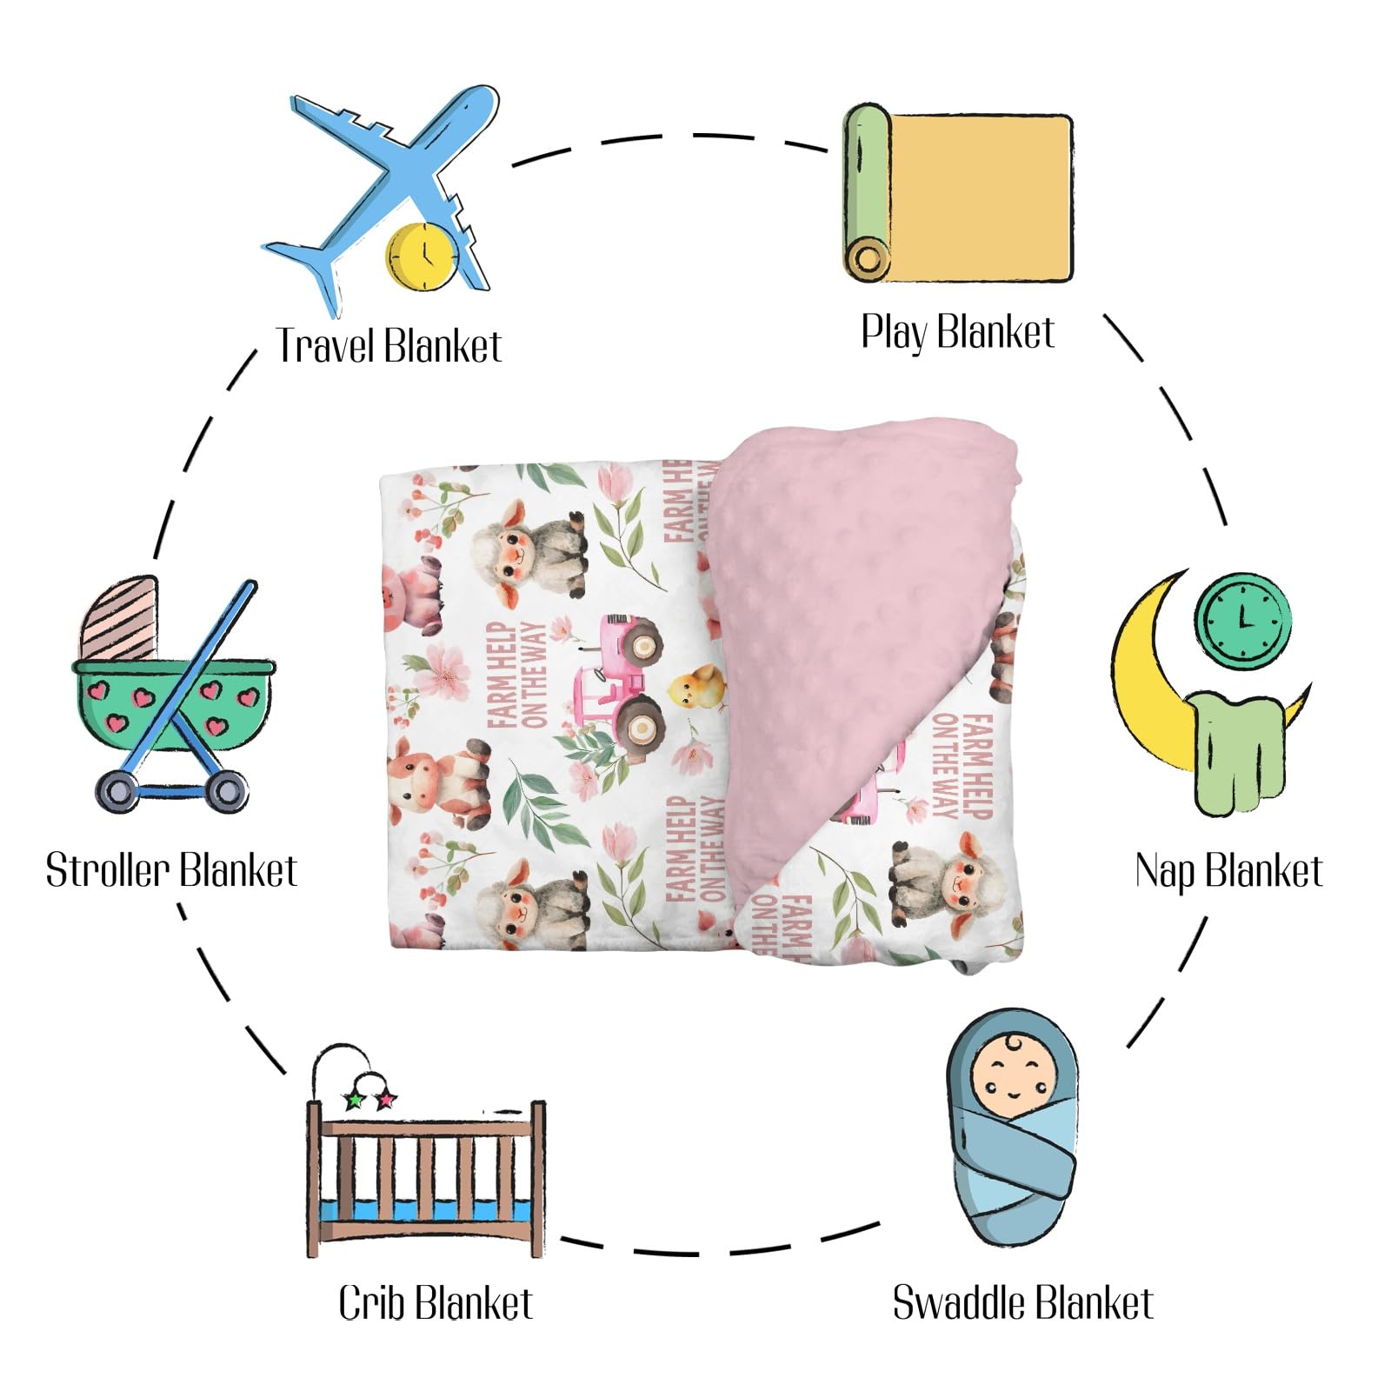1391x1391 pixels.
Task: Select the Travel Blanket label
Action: coord(389,346)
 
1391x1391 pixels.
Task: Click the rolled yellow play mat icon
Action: coord(957,193)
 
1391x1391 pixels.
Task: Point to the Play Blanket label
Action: coord(957,332)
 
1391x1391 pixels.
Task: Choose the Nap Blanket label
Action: coord(1228,870)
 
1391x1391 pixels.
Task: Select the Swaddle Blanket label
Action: coord(1022,1302)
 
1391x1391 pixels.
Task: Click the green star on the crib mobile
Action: coord(354,1101)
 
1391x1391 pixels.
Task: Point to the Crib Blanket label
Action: coord(435,1302)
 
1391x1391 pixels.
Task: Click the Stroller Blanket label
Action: coord(171,870)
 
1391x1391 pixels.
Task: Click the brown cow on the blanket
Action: coord(439,782)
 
